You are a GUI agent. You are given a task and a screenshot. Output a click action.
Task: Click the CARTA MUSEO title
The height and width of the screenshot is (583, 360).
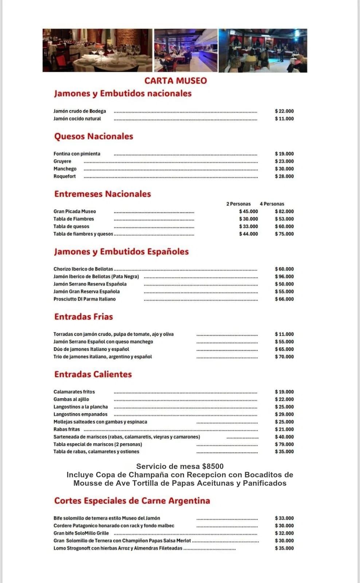pos(175,81)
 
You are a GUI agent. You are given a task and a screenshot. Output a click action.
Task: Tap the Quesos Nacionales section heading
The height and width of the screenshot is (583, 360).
pos(94,136)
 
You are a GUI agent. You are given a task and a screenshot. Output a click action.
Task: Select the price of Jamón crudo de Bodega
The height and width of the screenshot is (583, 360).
pos(284,111)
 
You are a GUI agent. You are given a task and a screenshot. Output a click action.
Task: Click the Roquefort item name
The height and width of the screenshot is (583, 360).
pos(64,176)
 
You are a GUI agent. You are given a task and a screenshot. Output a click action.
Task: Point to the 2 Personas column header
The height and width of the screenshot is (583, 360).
pos(238,204)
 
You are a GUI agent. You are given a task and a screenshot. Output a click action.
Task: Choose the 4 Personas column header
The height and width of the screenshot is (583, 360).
pos(272,204)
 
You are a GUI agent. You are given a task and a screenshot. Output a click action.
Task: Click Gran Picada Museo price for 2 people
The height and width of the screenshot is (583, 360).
pos(249,211)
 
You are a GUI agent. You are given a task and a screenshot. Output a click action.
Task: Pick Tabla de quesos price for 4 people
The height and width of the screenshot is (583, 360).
pos(284,226)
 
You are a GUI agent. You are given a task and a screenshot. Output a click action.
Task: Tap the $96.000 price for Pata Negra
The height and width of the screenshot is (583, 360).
pos(284,277)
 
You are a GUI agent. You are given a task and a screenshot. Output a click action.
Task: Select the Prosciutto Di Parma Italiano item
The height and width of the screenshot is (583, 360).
pos(85,299)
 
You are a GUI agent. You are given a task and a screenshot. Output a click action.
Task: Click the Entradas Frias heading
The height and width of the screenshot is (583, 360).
pos(83,317)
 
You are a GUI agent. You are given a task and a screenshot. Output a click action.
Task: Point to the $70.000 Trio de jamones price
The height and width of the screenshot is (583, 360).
pos(284,357)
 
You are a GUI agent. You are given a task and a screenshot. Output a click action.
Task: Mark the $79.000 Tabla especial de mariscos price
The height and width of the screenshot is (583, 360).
pos(284,444)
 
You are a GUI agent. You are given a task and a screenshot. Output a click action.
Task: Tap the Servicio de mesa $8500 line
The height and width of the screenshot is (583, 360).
pos(180,466)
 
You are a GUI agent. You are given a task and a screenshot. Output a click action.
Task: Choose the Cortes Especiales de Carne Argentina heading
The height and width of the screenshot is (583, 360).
pos(132,501)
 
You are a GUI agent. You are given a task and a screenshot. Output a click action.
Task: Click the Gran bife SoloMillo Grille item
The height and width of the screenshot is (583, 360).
pos(81,533)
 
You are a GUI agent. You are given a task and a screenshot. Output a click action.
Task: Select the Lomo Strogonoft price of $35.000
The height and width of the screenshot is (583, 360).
pos(284,548)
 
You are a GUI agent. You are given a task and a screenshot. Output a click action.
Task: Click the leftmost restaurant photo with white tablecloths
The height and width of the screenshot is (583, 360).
pos(97,50)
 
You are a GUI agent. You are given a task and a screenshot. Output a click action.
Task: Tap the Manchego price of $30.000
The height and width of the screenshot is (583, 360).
pos(284,169)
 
